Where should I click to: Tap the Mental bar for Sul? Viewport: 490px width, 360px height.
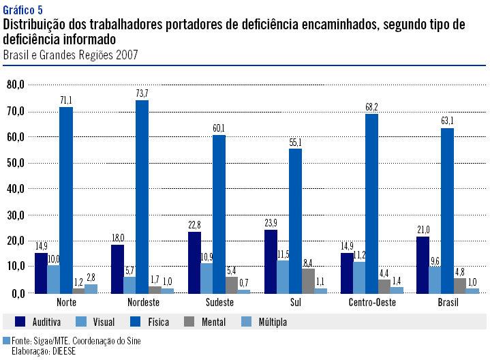[308, 280]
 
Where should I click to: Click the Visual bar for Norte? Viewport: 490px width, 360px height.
[54, 279]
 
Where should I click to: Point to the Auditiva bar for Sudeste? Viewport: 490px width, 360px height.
[194, 262]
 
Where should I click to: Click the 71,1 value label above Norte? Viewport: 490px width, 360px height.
[65, 100]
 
